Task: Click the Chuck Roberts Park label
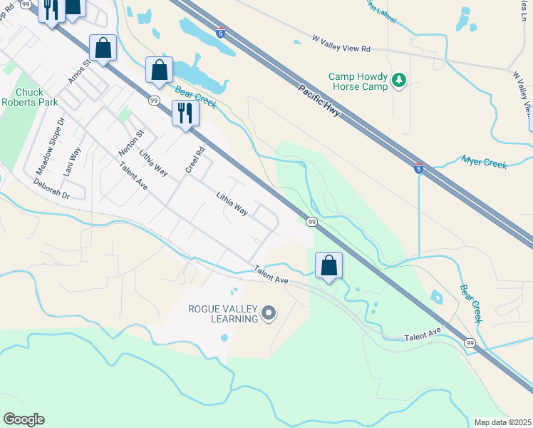point(30,97)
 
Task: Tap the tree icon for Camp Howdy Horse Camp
point(400,81)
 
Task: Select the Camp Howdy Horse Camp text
point(358,81)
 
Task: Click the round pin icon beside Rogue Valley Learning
point(269,312)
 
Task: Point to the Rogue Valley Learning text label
point(222,314)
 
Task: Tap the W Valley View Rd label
point(342,44)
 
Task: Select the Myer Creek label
point(484,163)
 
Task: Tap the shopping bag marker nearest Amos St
point(103,49)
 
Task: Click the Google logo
point(24,419)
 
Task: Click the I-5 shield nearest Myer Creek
point(419,169)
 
